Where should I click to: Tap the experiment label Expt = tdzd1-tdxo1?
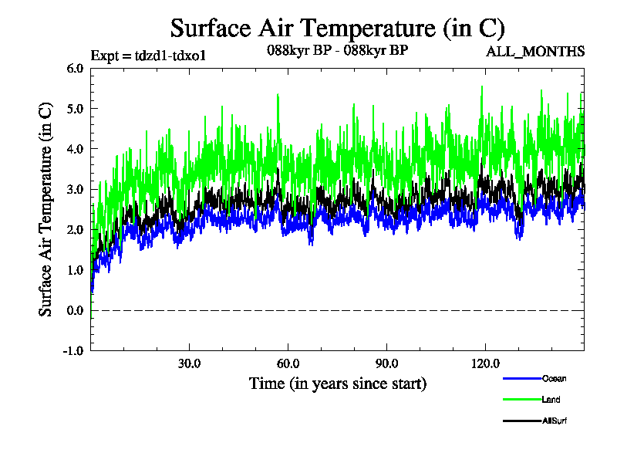(147, 55)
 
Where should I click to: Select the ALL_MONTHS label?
(534, 52)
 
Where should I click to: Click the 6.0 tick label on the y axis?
(75, 68)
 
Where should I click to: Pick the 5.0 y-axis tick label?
(75, 108)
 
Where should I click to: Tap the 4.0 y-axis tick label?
(75, 149)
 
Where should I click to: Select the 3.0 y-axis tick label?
(75, 189)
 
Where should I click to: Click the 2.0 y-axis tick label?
(75, 229)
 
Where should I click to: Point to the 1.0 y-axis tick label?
(75, 270)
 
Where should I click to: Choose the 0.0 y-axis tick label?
(75, 310)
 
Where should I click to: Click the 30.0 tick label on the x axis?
(189, 363)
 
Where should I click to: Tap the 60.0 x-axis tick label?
(288, 363)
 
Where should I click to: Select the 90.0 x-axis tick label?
(386, 363)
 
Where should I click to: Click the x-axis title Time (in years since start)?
(337, 384)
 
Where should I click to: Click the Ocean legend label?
(555, 378)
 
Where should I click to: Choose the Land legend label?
(551, 400)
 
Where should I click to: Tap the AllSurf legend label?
(555, 421)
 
